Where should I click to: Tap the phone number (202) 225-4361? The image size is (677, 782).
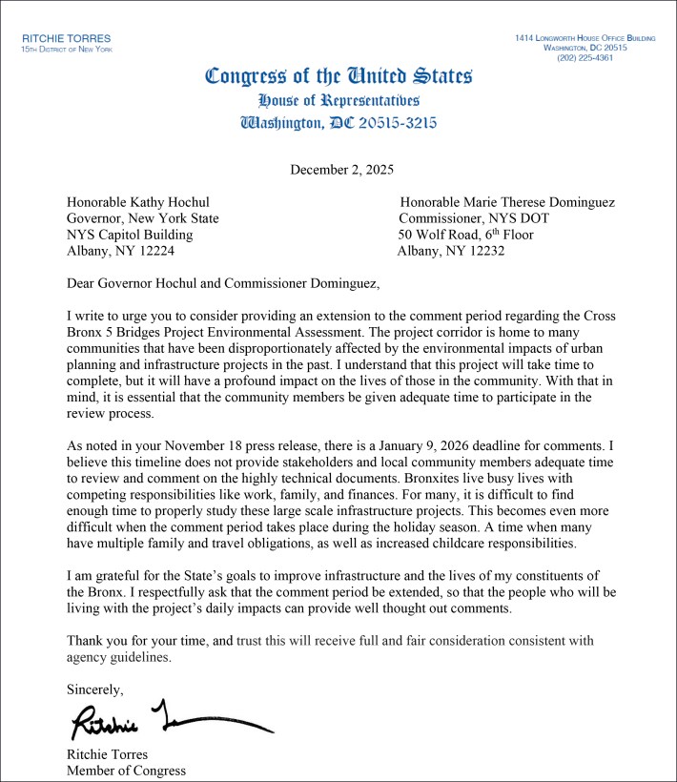585,57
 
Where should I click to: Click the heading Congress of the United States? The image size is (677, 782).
338,76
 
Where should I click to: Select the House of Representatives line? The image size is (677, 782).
338,100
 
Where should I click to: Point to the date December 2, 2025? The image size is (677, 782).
340,171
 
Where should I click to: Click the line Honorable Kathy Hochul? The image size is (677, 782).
137,202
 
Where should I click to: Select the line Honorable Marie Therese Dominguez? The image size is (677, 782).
507,202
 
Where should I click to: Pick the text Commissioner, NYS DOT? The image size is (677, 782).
474,218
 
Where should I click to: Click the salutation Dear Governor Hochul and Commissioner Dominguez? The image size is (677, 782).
222,283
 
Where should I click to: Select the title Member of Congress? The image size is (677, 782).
126,771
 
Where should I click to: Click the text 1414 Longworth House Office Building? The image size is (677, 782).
585,37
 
